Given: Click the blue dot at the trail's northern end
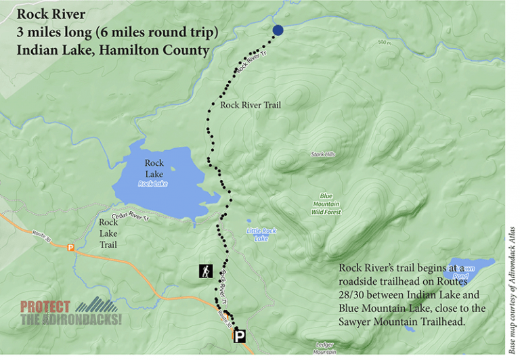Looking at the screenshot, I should click(x=278, y=30).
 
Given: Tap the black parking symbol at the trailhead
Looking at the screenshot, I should click(x=240, y=335).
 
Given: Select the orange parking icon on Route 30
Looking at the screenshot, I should click(x=70, y=248).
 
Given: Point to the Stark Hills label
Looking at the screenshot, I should click(x=323, y=154).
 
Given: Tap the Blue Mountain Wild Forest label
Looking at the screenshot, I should click(x=326, y=204).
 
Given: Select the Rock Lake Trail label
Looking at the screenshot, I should click(x=108, y=233).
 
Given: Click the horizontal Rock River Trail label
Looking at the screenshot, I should click(x=250, y=105).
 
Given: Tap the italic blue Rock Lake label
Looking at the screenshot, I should click(x=152, y=183).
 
